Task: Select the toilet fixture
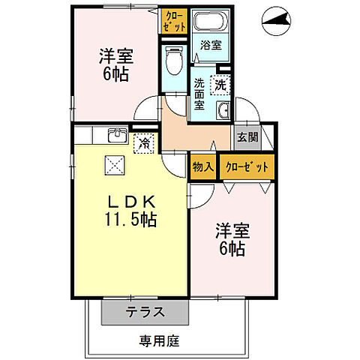tap(172, 61)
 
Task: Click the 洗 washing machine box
tap(221, 85)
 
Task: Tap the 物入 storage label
tap(201, 166)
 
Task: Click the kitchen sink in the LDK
tap(117, 135)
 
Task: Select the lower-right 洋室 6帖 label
tap(230, 238)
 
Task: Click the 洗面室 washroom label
tap(200, 94)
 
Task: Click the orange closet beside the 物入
tap(246, 166)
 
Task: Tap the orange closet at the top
tap(172, 19)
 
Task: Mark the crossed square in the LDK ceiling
tap(114, 163)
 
